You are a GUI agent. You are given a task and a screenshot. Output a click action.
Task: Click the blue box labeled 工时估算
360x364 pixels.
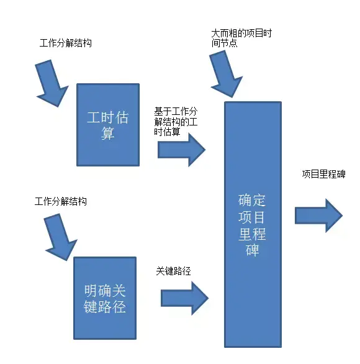pos(108,125)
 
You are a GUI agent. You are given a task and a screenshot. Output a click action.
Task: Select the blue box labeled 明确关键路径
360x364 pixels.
pos(104,298)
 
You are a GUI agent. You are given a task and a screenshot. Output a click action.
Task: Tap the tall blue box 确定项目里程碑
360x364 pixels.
pos(251,224)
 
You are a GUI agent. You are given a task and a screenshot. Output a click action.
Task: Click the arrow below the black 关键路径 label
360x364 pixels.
pos(184,298)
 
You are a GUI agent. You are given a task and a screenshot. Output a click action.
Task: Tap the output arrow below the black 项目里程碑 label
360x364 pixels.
pos(318,215)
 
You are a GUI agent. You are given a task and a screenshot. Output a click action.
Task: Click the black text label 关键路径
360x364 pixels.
pos(173,271)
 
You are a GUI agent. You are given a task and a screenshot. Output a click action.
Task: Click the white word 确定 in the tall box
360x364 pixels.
pos(251,200)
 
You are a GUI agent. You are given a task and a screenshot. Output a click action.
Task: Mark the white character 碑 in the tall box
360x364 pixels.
pos(251,250)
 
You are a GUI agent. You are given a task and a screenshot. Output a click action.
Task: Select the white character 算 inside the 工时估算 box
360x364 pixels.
pos(108,134)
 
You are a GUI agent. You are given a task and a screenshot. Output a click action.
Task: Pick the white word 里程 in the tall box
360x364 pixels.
pos(251,234)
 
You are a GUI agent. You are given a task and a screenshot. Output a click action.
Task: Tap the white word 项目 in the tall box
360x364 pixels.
pos(251,217)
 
